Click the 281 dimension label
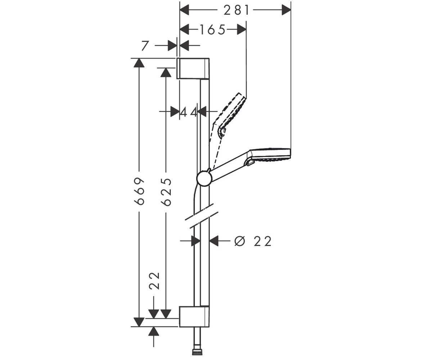pos(236,10)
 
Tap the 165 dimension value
pos(212,30)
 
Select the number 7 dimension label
pos(145,46)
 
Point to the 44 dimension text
pos(189,113)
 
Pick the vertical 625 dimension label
pos(166,192)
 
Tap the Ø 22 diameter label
pos(253,241)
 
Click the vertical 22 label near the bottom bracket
pos(154,281)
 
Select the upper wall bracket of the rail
pos(193,68)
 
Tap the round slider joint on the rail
pos(204,179)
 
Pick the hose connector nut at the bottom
pos(197,352)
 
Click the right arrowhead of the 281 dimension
pos(286,10)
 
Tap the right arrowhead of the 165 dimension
pos(242,30)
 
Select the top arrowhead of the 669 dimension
pos(139,63)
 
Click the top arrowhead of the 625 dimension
pos(166,73)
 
